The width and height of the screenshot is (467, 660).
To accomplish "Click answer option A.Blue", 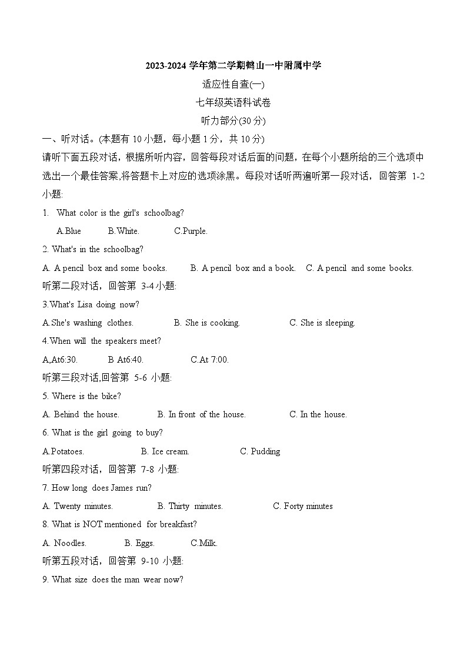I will coord(69,231).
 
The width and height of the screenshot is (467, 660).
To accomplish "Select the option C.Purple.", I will coord(191,231).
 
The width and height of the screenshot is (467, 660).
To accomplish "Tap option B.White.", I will coord(124,231).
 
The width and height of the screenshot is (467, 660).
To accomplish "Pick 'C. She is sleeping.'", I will coord(322,323).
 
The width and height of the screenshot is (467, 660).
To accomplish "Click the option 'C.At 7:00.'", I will coord(210,360).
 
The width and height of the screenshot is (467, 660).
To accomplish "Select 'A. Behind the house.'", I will coord(81,414).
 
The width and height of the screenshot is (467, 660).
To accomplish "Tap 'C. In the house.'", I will coord(318,414).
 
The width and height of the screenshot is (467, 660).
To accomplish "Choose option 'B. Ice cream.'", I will coord(165,451).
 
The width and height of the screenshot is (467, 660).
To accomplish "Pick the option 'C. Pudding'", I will coord(260,451).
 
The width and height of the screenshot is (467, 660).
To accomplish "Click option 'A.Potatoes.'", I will coord(64,451).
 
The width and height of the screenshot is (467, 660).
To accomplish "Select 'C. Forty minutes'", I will coord(303,506).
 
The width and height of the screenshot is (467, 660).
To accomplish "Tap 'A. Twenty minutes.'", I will coord(78,506).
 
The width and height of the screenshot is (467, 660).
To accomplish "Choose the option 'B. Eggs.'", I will coord(139,543).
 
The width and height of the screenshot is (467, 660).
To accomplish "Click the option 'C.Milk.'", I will coord(204,543).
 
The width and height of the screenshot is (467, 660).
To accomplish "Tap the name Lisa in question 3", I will coord(86,304).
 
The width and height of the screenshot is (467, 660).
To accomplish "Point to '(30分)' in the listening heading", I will coord(253,121).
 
